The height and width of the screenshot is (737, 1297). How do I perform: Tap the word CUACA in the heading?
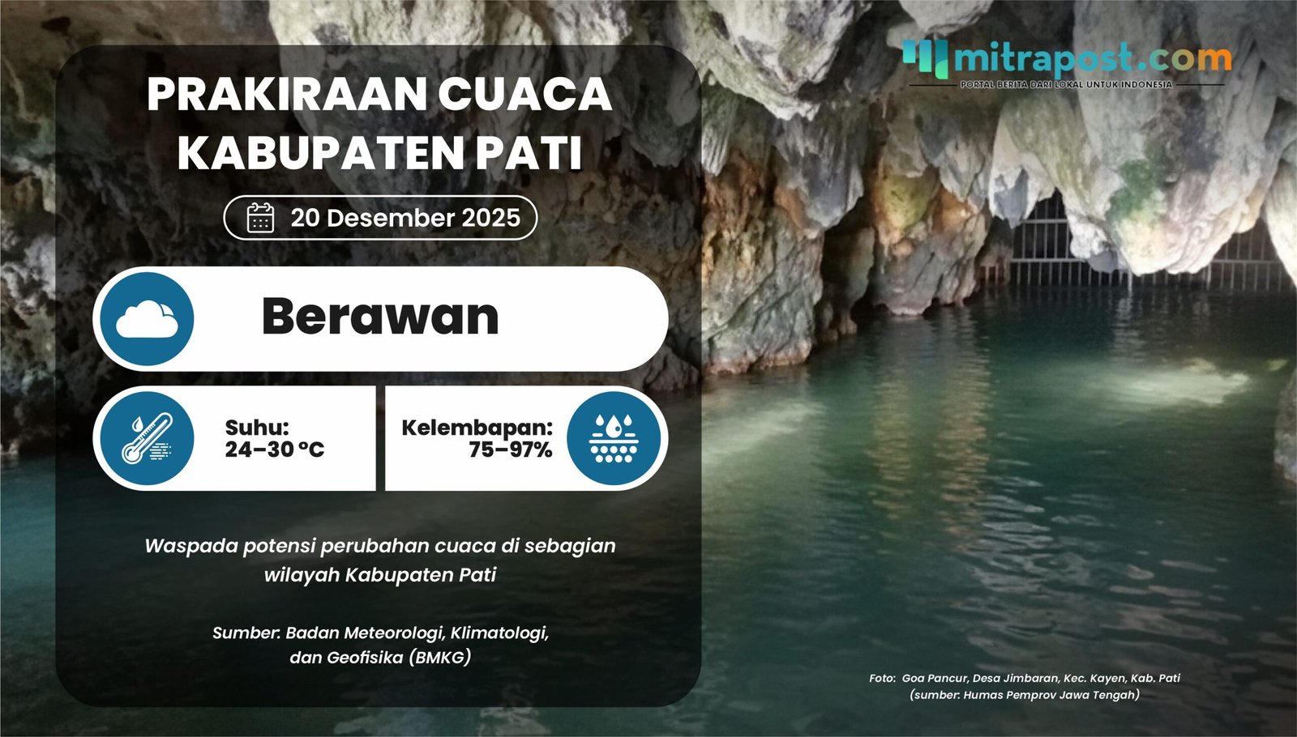pos(524,95)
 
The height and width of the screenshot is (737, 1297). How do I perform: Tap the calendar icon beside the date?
pos(260,218)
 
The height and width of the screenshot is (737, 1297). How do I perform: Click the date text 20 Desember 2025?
pos(405,218)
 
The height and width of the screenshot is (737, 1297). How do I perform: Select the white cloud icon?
pos(147,319)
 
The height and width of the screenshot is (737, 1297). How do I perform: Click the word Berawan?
pos(380,317)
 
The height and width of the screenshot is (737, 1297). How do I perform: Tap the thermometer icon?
pos(147,438)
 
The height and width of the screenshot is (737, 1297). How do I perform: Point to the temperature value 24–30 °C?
pos(274,449)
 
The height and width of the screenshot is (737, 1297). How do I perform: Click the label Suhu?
pos(257,428)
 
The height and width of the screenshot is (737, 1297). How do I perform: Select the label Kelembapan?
pos(477,428)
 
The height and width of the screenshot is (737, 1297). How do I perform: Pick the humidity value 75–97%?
pos(510,449)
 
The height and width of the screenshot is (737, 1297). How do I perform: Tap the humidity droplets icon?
pos(614,438)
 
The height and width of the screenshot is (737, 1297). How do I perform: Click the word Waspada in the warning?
pos(190,546)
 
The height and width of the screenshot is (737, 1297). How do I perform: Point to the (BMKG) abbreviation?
pos(439,658)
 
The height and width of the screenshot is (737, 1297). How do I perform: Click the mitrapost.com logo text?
pos(1092,58)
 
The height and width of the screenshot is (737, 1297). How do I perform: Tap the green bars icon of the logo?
pos(925,58)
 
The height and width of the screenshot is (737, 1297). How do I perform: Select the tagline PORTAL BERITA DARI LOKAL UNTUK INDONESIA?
pos(1066,84)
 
